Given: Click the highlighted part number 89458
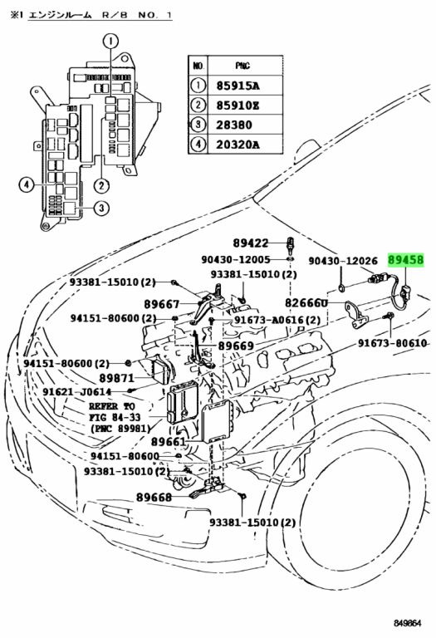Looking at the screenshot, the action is (x=405, y=259).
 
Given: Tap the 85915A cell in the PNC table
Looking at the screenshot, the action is (x=238, y=86).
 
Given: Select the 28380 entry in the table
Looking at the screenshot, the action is (x=234, y=125).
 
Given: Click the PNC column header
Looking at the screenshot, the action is (x=242, y=66).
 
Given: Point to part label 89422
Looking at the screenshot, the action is (x=251, y=243).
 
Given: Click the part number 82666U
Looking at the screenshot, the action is (x=306, y=302).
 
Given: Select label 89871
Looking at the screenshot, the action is (x=117, y=378).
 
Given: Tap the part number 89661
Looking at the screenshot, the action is (x=169, y=441).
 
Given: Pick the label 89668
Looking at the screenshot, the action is (x=154, y=497).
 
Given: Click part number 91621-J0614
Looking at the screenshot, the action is (x=77, y=392).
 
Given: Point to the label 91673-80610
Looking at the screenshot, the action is (x=393, y=343).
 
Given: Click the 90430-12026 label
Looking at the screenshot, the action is (x=343, y=260).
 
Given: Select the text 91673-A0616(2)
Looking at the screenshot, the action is (x=277, y=320).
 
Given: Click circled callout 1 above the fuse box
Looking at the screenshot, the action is (x=110, y=41).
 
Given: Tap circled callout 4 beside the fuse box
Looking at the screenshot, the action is (x=26, y=185).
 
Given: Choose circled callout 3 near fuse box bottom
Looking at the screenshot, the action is (x=101, y=209).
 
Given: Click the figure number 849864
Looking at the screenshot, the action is (x=407, y=623).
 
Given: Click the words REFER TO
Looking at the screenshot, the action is (x=112, y=406).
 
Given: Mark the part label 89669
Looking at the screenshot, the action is (x=237, y=346).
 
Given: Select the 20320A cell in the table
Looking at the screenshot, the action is (x=238, y=145).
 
